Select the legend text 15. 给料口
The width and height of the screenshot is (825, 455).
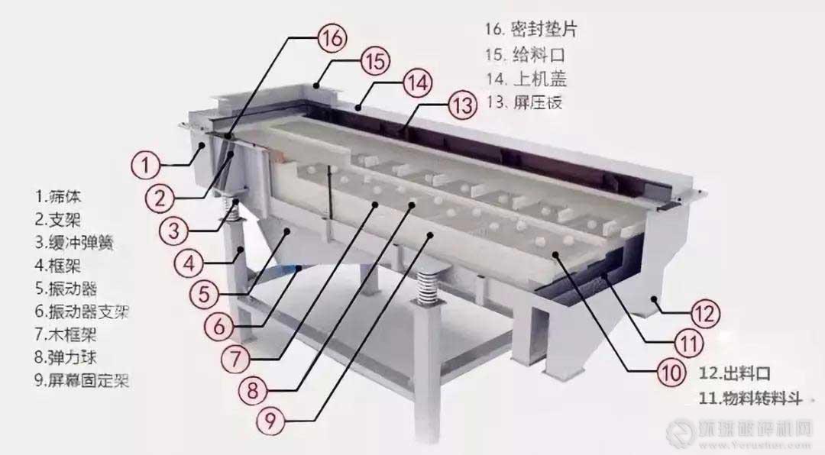tap(527, 55)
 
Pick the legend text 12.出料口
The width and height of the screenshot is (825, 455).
tap(734, 374)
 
